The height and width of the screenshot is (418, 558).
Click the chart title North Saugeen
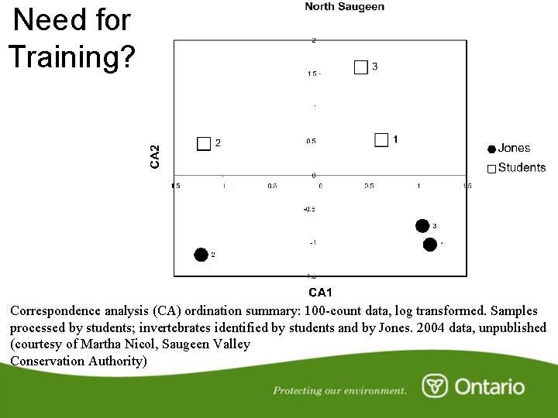tap(344, 7)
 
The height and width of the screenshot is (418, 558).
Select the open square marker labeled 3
tap(360, 67)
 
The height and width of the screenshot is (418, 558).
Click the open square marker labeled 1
tap(381, 139)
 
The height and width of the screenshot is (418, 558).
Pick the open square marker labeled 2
tap(204, 143)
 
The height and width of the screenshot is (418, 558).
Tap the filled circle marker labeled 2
tap(201, 255)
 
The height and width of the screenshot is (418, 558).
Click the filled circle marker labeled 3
tap(422, 226)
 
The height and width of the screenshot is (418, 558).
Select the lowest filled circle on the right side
tap(429, 245)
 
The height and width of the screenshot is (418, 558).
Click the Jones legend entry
tap(514, 148)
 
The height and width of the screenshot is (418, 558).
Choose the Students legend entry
tap(521, 167)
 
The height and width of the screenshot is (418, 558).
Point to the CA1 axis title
tap(320, 292)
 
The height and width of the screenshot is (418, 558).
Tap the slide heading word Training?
tap(71, 56)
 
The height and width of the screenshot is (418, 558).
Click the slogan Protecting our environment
tap(339, 391)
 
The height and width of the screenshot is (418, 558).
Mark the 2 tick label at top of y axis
tap(313, 40)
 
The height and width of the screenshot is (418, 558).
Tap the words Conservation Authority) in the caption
tap(78, 361)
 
